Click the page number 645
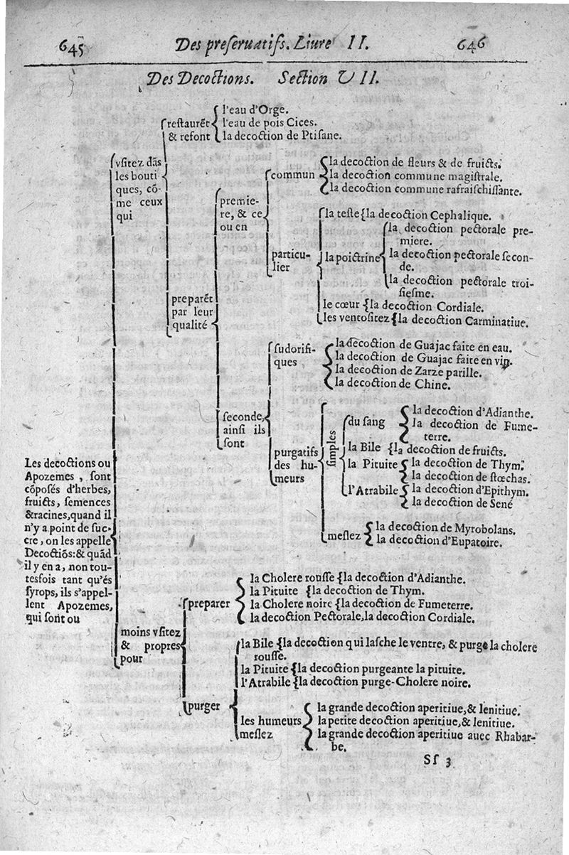coord(73,48)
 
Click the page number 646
coord(472,45)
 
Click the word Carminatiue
coord(492,322)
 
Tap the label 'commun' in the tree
coord(292,174)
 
